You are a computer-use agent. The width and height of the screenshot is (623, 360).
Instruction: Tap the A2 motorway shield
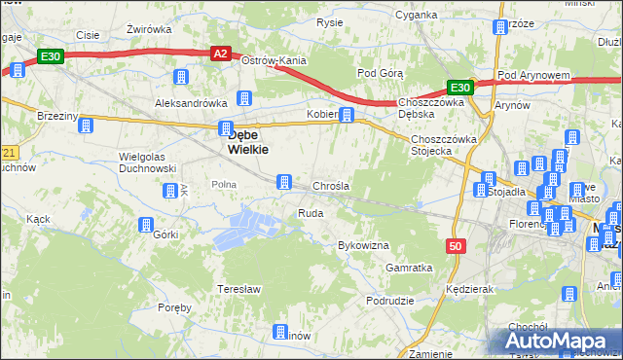pyautogui.click(x=221, y=54)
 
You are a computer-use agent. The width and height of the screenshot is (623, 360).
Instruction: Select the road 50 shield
pyautogui.click(x=456, y=247)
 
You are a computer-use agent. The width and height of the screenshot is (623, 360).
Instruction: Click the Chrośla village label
pyautogui.click(x=331, y=186)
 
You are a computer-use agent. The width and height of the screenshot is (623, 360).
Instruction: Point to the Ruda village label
pyautogui.click(x=311, y=212)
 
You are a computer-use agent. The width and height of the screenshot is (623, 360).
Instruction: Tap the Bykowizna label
pyautogui.click(x=363, y=245)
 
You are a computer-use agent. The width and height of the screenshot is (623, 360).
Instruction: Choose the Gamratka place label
pyautogui.click(x=409, y=267)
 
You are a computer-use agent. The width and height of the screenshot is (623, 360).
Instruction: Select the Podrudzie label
pyautogui.click(x=391, y=302)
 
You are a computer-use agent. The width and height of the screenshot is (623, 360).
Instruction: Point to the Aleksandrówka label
pyautogui.click(x=191, y=102)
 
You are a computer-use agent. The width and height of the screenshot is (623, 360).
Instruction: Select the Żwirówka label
pyautogui.click(x=149, y=29)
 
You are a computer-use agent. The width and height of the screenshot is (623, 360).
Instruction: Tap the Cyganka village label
pyautogui.click(x=417, y=16)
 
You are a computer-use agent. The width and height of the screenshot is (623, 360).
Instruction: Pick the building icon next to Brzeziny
pyautogui.click(x=86, y=126)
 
